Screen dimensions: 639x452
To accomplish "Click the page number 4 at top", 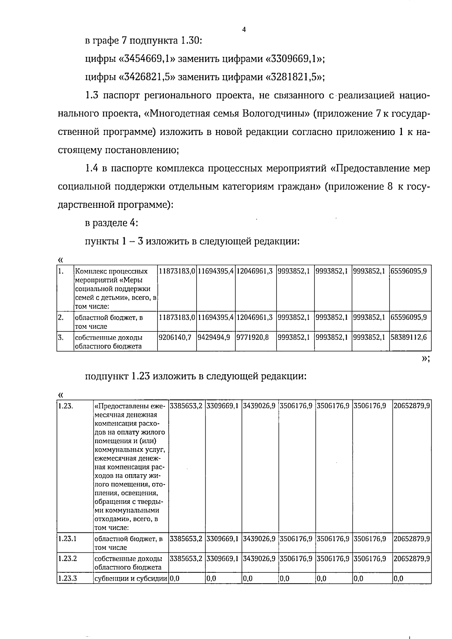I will [244, 30].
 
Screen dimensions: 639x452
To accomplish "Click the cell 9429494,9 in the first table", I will [214, 337].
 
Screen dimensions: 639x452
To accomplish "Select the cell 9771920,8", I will [253, 337].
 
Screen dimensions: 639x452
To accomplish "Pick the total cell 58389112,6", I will [409, 337].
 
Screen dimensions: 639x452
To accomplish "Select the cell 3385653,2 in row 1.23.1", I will [186, 539].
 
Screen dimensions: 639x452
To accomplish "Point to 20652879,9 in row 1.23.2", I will [411, 558].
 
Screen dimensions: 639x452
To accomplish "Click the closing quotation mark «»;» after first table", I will [425, 358].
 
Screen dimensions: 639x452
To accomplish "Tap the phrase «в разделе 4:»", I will [111, 223].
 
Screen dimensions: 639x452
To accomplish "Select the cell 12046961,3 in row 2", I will [255, 317].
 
